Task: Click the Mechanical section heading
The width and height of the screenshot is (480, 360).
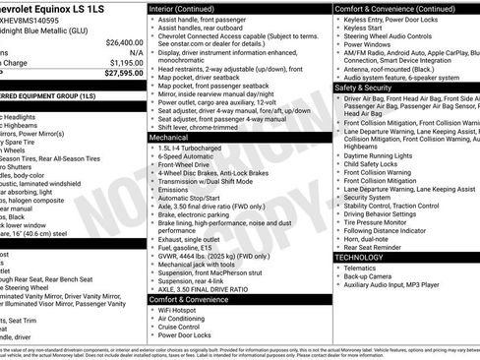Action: point(168,139)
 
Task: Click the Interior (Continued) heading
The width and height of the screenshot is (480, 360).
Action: point(189,8)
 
